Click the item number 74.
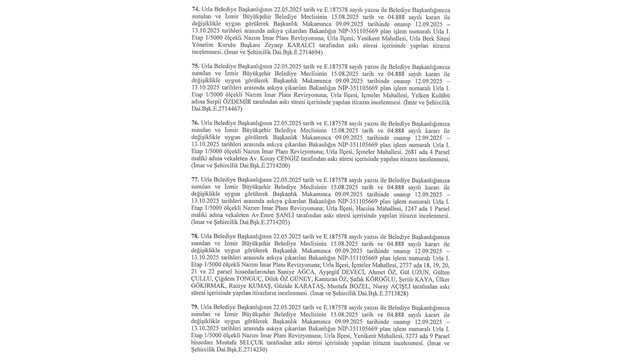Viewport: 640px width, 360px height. click(195, 9)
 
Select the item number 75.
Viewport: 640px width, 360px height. click(195, 66)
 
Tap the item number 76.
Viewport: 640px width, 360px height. click(195, 123)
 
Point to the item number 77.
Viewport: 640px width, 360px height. click(195, 180)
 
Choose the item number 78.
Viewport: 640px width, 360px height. click(195, 236)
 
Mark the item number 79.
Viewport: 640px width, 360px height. click(195, 307)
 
